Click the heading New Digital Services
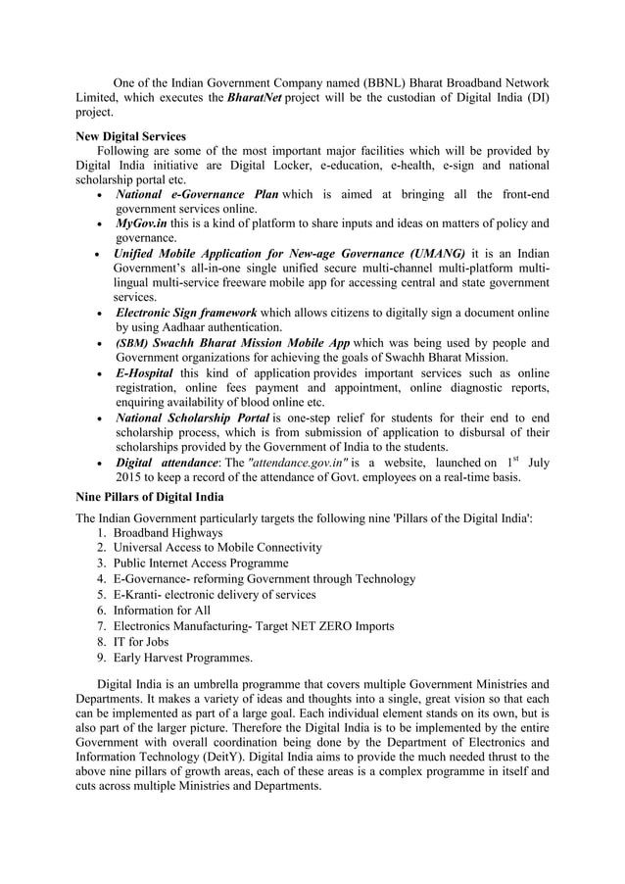pyautogui.click(x=130, y=136)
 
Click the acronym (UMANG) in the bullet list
pyautogui.click(x=427, y=253)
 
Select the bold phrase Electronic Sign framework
pyautogui.click(x=186, y=313)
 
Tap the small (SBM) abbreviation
pyautogui.click(x=131, y=344)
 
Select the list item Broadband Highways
pyautogui.click(x=168, y=532)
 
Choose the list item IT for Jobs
pyautogui.click(x=144, y=641)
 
